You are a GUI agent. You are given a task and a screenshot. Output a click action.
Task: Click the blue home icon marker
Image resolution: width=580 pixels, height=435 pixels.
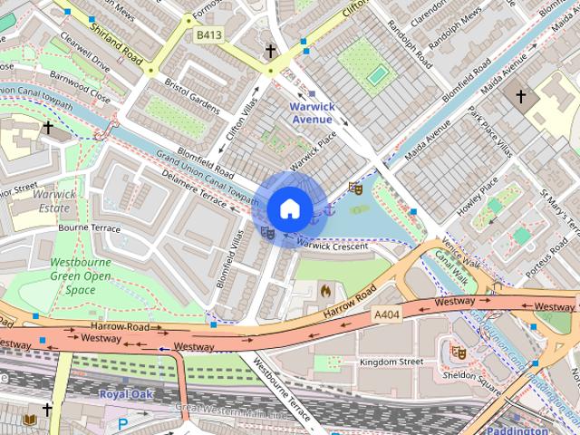click(x=289, y=208)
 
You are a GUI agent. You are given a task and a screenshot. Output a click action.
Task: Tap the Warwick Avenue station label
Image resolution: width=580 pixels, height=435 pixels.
click(x=312, y=112)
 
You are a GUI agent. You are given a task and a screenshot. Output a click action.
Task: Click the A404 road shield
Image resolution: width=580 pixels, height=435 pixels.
click(x=388, y=314)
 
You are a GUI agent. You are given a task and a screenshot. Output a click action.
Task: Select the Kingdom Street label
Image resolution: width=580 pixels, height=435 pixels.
click(x=391, y=362)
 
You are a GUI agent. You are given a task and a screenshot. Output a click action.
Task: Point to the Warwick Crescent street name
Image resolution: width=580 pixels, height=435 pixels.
click(x=333, y=246)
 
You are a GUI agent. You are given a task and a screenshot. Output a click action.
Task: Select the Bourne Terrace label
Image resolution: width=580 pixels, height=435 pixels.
click(x=89, y=228)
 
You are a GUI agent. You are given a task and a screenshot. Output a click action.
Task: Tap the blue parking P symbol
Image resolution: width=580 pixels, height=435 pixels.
click(x=122, y=422)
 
